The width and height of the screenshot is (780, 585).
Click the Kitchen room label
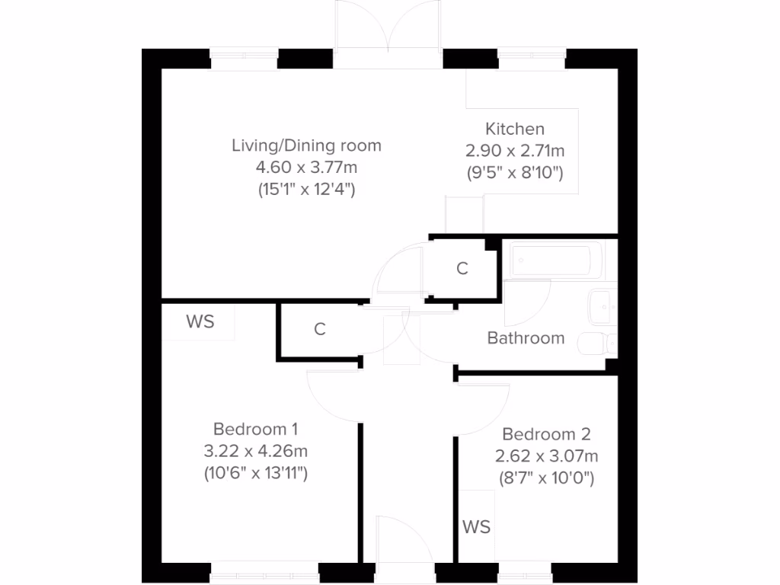click(x=515, y=129)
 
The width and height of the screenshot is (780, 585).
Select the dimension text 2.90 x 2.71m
click(x=515, y=151)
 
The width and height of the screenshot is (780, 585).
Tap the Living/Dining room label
click(x=306, y=145)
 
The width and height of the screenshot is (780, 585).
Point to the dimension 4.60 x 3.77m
click(x=306, y=168)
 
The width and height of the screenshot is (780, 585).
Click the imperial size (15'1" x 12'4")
click(x=306, y=190)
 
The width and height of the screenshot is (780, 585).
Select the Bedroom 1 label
click(x=255, y=429)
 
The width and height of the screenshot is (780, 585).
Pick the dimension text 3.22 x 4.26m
click(x=255, y=451)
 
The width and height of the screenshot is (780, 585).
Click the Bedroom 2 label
click(x=546, y=434)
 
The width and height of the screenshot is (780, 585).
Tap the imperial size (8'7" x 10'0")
click(x=546, y=478)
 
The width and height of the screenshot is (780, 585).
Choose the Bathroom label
click(x=526, y=337)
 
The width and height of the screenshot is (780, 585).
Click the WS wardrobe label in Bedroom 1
click(x=200, y=322)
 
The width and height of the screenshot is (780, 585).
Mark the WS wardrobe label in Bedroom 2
click(x=476, y=526)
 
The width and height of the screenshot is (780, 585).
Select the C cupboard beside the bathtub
click(x=462, y=268)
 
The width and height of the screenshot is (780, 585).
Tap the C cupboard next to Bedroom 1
click(x=320, y=329)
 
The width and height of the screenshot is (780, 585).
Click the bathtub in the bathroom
click(x=551, y=261)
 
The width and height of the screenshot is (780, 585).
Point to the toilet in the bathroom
click(x=596, y=345)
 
